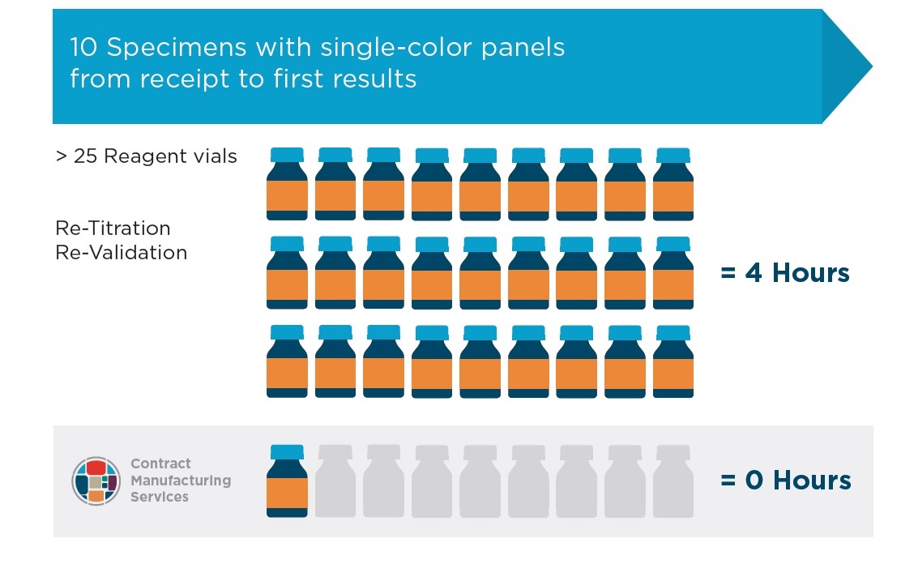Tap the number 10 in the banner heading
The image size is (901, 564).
[x=84, y=47]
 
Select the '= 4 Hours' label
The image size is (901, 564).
[x=785, y=272]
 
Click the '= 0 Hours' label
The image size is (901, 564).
[x=785, y=480]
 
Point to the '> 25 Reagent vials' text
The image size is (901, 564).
[x=146, y=156]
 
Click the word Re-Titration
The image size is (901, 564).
[x=113, y=229]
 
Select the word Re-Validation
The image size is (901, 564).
[x=122, y=252]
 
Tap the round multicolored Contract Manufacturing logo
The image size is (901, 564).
[x=96, y=481]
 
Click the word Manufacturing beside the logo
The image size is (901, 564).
[x=181, y=480]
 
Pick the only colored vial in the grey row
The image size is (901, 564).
[x=287, y=481]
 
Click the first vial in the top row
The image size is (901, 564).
[x=287, y=184]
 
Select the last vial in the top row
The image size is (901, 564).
[x=673, y=184]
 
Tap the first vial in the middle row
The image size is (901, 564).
[x=287, y=272]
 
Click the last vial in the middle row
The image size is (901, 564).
[x=673, y=272]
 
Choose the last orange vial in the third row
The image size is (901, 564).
[x=673, y=361]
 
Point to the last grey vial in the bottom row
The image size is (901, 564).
[x=673, y=481]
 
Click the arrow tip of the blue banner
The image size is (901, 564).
[x=873, y=66]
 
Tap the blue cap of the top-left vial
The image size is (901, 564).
[x=287, y=155]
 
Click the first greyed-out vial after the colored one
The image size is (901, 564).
[x=335, y=481]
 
